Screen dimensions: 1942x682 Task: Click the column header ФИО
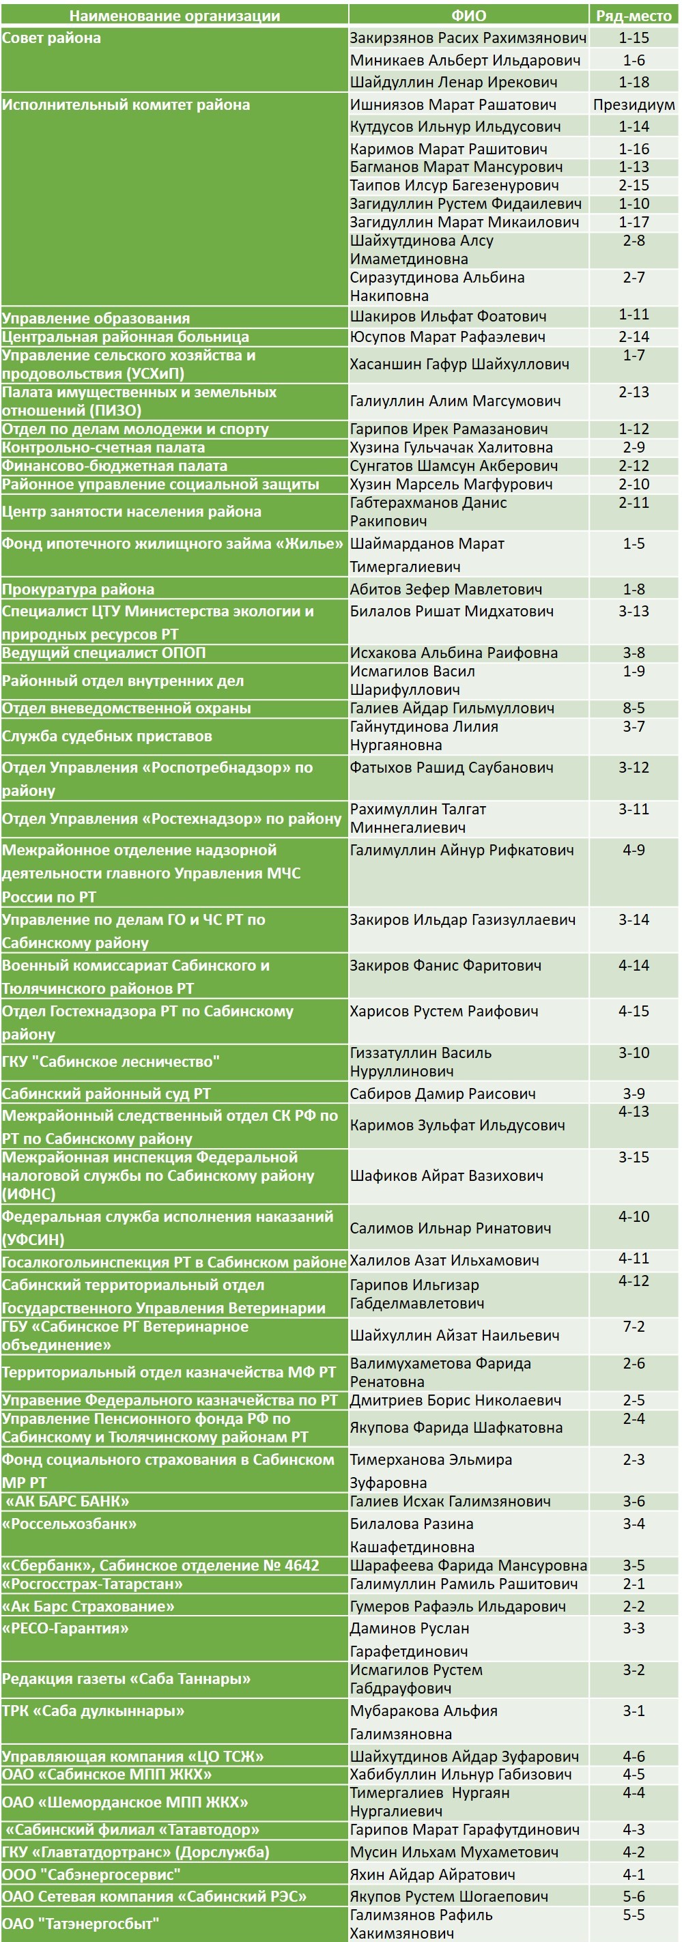coord(468,15)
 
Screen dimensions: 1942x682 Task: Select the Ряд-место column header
coord(633,15)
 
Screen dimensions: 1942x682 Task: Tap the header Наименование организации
coord(174,15)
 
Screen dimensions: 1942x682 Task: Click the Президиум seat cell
coord(633,105)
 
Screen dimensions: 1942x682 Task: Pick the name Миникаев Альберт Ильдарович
coord(464,60)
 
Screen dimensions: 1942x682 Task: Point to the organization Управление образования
coord(96,318)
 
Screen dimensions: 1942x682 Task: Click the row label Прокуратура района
coord(78,590)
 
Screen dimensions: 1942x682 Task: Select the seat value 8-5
coord(633,708)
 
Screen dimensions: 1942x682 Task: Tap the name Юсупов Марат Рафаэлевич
coord(447,337)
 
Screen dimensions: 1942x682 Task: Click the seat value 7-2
coord(633,1326)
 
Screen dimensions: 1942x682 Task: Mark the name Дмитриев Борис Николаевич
coord(455,1400)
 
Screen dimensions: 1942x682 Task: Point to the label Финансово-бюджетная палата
coord(115,466)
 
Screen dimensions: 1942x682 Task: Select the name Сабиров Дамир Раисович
coord(442,1093)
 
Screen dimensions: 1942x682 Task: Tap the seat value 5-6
coord(633,1896)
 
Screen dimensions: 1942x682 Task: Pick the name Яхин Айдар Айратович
coord(432,1874)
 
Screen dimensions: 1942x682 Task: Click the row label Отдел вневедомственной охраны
coord(126,708)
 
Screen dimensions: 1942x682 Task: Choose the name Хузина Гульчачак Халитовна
coord(451,448)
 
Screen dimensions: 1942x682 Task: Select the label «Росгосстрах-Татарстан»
coord(92,1584)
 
